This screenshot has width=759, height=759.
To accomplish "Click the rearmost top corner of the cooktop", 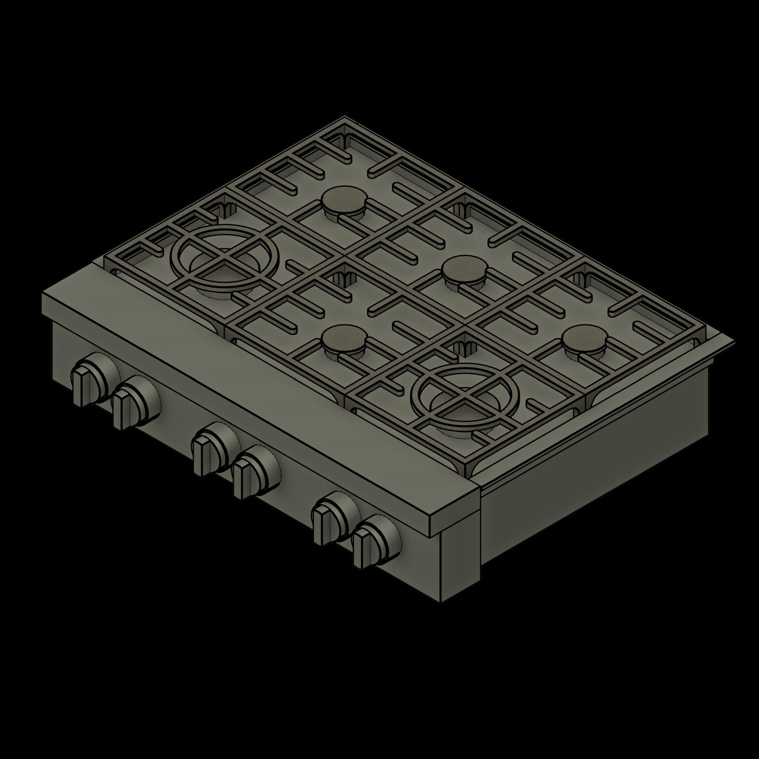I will (x=345, y=116).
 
